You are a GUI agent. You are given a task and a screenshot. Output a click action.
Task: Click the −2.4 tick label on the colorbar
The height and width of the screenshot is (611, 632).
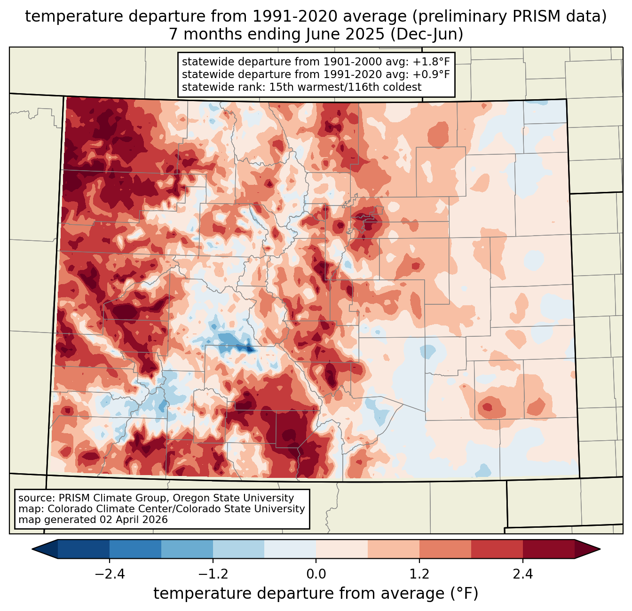(109, 574)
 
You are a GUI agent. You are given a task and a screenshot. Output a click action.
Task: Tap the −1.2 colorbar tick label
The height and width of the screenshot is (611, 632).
(213, 574)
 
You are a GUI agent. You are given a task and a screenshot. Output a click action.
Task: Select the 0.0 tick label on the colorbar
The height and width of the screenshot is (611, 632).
(316, 574)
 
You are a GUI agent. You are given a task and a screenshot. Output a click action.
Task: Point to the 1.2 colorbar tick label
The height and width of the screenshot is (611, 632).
(419, 574)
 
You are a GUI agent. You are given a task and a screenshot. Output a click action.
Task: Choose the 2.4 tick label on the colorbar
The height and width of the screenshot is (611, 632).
(523, 574)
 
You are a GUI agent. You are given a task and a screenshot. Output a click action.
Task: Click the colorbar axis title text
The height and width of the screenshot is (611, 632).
(316, 594)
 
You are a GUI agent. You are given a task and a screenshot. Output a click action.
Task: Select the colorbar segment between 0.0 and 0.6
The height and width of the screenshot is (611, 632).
(342, 549)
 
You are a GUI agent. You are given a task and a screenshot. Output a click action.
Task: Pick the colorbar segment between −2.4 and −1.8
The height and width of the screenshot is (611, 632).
(135, 549)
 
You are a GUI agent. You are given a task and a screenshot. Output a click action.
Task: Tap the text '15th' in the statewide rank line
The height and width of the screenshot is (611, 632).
(280, 87)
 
